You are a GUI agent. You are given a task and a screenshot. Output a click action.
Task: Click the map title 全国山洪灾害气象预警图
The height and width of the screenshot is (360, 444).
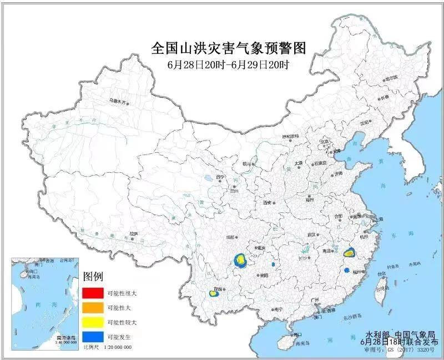228,48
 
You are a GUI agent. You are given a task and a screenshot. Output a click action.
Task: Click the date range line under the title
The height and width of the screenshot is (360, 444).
228,64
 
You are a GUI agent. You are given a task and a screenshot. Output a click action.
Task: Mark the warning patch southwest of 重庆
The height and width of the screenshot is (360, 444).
240,261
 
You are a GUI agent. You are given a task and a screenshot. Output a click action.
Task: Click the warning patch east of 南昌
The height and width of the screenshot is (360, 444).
349,253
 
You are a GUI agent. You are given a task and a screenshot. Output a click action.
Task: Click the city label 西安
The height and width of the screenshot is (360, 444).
269,202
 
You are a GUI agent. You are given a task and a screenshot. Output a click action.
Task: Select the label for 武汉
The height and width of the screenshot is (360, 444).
316,235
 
